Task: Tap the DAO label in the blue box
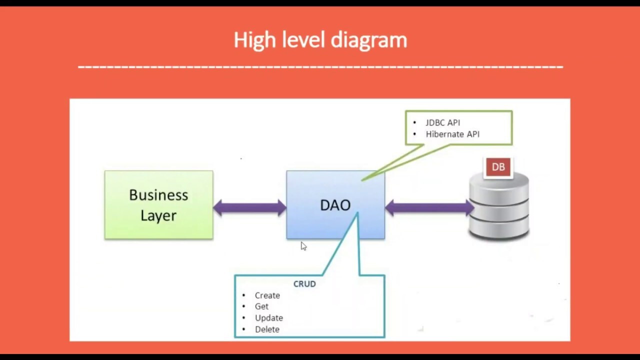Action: pyautogui.click(x=335, y=205)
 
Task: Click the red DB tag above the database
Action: pyautogui.click(x=498, y=167)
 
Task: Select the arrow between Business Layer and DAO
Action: pyautogui.click(x=249, y=208)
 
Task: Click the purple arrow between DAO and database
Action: pyautogui.click(x=429, y=208)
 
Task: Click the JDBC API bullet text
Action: pyautogui.click(x=442, y=122)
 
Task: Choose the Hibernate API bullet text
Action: pyautogui.click(x=452, y=134)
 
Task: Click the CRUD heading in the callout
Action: pyautogui.click(x=304, y=284)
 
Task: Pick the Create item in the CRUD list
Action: pyautogui.click(x=267, y=295)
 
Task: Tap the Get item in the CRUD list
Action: pyautogui.click(x=261, y=306)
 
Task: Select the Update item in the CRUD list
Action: pyautogui.click(x=268, y=318)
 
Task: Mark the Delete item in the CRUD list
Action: pyautogui.click(x=267, y=329)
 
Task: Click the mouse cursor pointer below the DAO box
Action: pyautogui.click(x=303, y=245)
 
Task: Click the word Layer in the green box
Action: pyautogui.click(x=158, y=215)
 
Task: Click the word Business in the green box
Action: pyautogui.click(x=158, y=195)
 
